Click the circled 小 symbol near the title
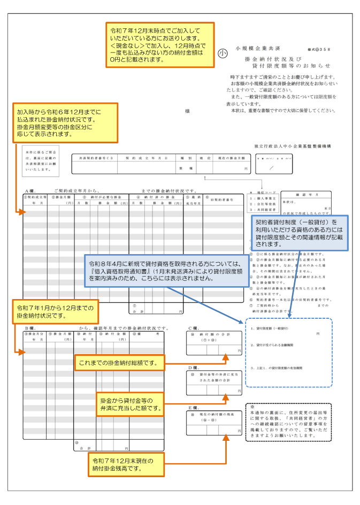(x=223, y=53)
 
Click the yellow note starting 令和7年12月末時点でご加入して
(x=160, y=45)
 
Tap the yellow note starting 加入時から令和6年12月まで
(x=66, y=124)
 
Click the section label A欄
(x=30, y=190)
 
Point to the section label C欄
(x=194, y=328)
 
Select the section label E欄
(x=194, y=407)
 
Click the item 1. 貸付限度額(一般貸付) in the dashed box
(x=270, y=327)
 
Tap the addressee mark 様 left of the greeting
(x=188, y=111)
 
